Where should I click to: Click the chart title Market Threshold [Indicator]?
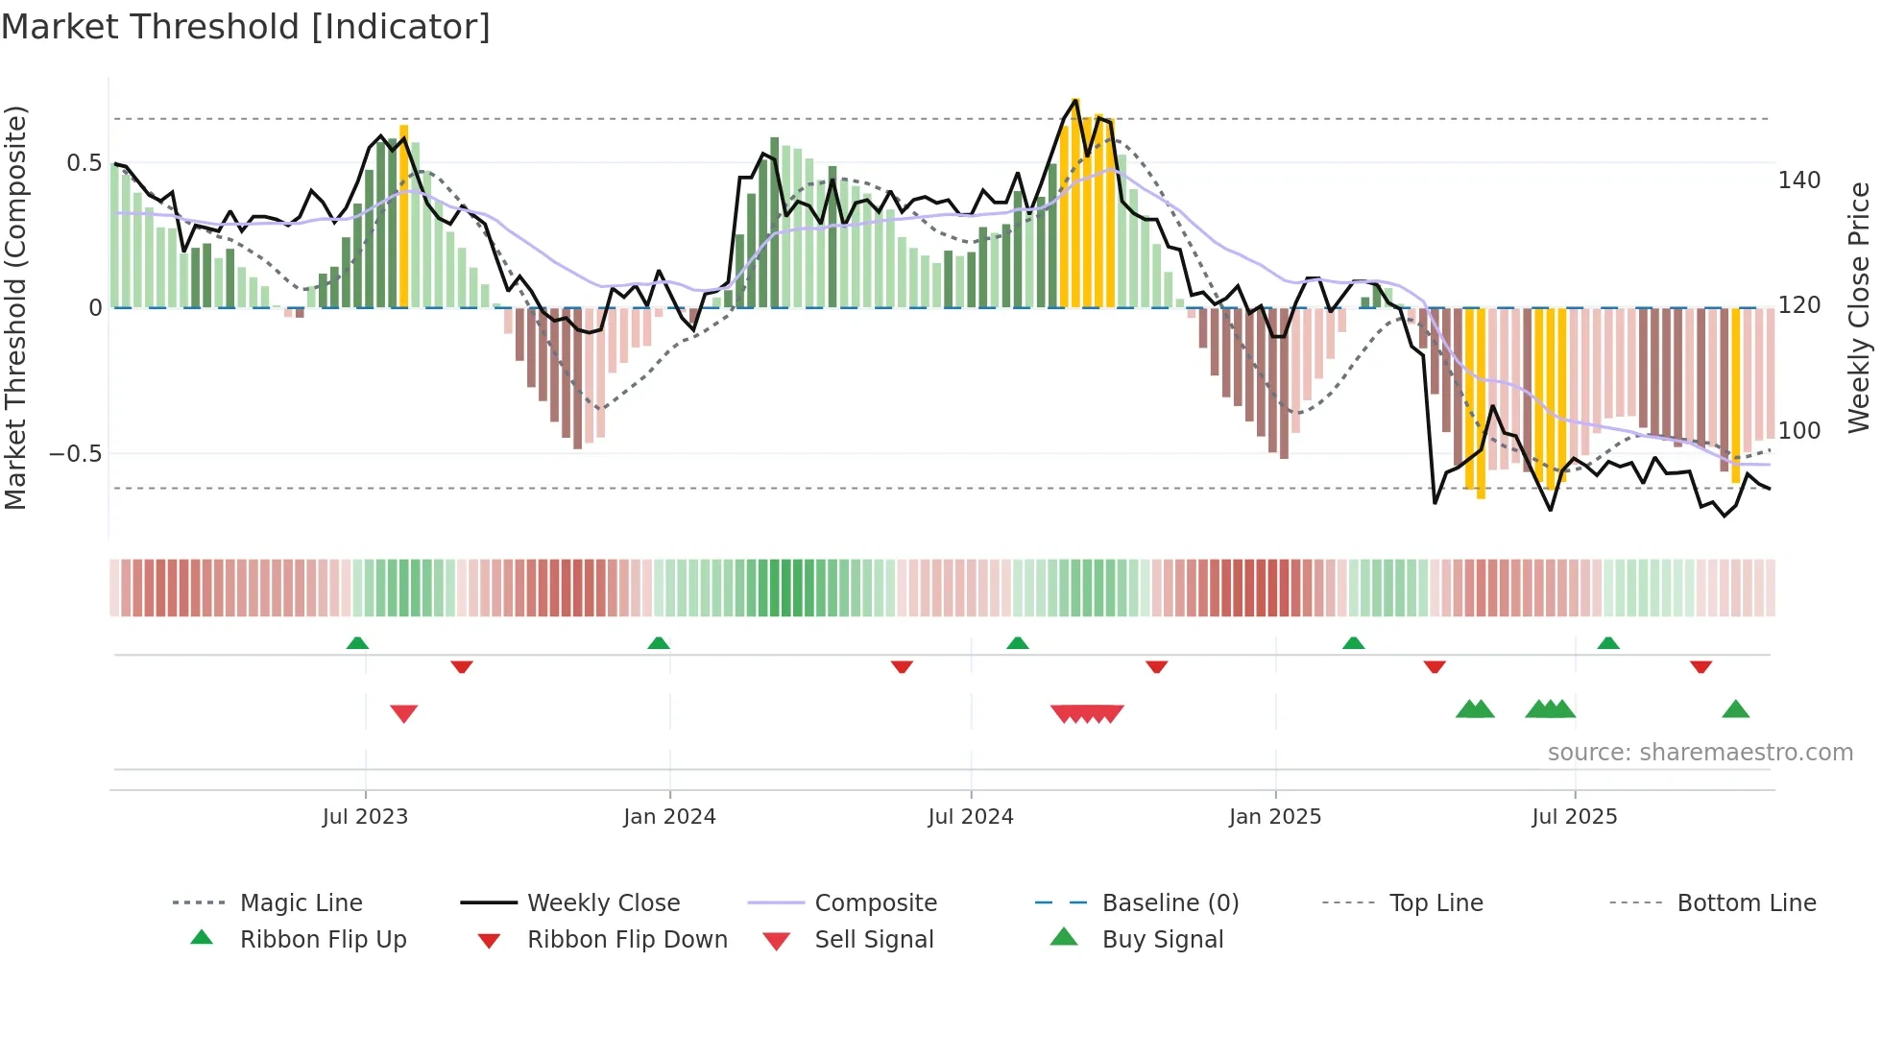pyautogui.click(x=246, y=27)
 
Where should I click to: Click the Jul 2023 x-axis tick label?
pyautogui.click(x=365, y=816)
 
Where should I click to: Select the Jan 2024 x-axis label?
pyautogui.click(x=669, y=816)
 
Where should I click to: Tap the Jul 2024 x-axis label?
pyautogui.click(x=970, y=816)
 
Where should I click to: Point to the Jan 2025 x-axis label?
pyautogui.click(x=1274, y=816)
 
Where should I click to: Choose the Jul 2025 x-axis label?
pyautogui.click(x=1574, y=816)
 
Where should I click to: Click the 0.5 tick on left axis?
pyautogui.click(x=84, y=163)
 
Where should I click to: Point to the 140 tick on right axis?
pyautogui.click(x=1798, y=180)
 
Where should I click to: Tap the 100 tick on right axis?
pyautogui.click(x=1798, y=431)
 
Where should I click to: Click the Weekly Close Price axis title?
pyautogui.click(x=1859, y=307)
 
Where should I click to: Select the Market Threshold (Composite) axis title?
pyautogui.click(x=15, y=307)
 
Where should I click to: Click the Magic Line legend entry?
pyautogui.click(x=301, y=902)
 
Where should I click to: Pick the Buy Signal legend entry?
pyautogui.click(x=1162, y=939)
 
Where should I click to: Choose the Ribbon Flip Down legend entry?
pyautogui.click(x=626, y=939)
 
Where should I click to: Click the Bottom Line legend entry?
pyautogui.click(x=1746, y=902)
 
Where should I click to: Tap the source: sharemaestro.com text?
pyautogui.click(x=1700, y=752)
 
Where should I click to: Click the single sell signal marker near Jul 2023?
pyautogui.click(x=403, y=713)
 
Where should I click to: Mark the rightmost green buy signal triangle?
pyautogui.click(x=1735, y=709)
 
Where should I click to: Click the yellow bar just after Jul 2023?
pyautogui.click(x=403, y=216)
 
